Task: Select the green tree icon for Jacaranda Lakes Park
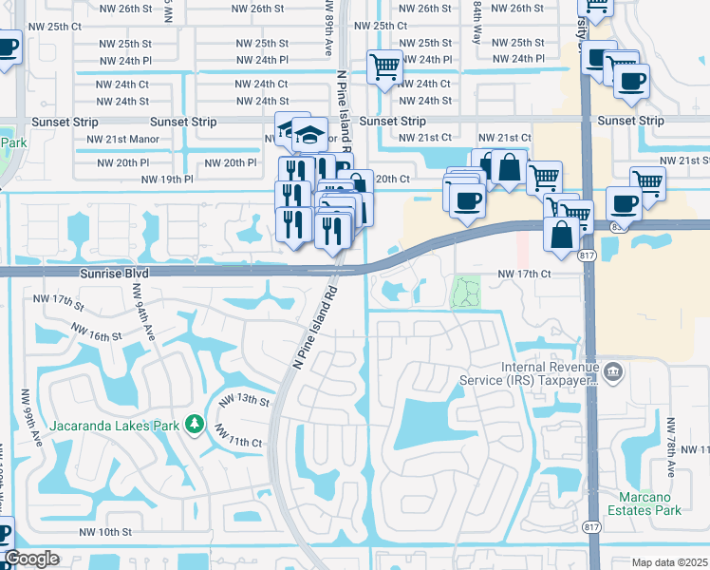[196, 423]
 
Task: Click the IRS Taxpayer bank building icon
[612, 370]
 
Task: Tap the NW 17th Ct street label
[525, 274]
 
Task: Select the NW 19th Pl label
[167, 179]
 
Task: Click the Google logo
[30, 559]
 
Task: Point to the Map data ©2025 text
[669, 562]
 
